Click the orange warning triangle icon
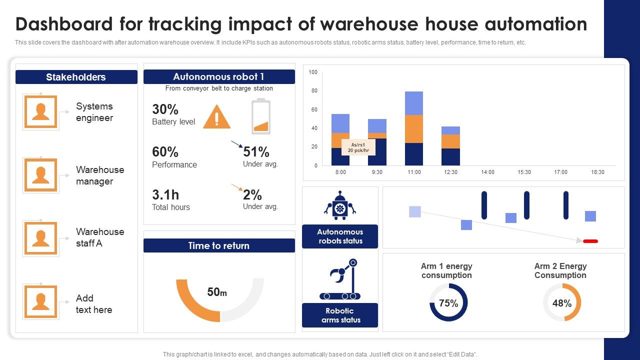pos(216,117)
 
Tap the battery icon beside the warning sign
pos(260,116)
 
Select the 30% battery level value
pos(165,109)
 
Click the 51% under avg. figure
pos(256,152)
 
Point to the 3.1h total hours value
pos(165,194)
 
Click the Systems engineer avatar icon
pos(40,111)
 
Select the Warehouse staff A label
pos(100,237)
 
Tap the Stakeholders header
pos(76,77)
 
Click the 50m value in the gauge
pos(217,292)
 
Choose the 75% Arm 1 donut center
pos(448,303)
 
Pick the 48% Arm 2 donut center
pos(562,303)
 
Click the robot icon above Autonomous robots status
pos(340,205)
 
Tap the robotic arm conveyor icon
pos(340,279)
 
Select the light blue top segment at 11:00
pos(414,103)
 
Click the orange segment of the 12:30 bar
pos(450,141)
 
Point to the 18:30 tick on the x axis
pos(597,172)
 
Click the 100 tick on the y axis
pos(313,72)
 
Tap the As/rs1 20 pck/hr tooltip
pos(357,147)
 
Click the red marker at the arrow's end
pos(590,241)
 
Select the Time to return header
pos(219,245)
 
